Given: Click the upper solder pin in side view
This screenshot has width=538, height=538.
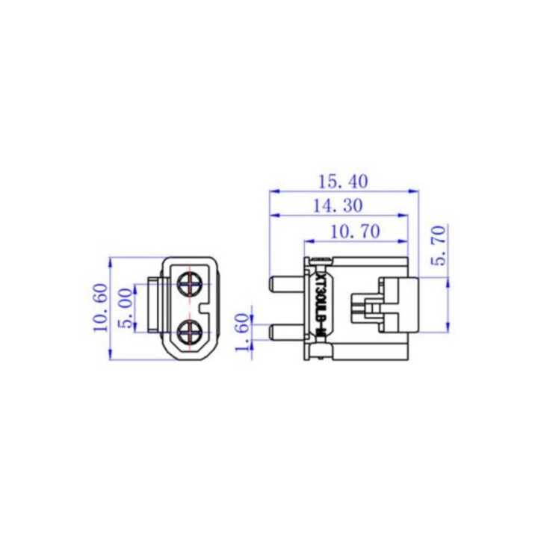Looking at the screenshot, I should pyautogui.click(x=285, y=285).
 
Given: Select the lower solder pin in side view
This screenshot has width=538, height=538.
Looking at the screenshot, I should pyautogui.click(x=285, y=332).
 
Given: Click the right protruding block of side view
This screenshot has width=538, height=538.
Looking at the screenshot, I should pyautogui.click(x=401, y=306).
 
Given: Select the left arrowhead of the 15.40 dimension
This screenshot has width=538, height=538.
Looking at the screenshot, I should pyautogui.click(x=272, y=191).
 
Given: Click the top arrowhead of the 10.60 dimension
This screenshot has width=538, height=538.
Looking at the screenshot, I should pyautogui.click(x=110, y=262).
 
